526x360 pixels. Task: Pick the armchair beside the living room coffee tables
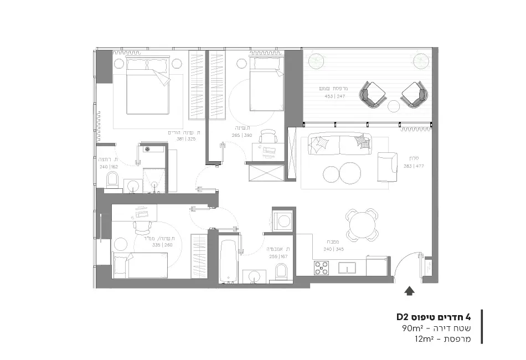point(386,167)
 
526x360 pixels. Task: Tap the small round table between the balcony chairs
point(394,106)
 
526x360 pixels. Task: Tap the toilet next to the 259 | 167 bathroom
point(281,271)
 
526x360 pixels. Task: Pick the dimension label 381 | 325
point(185,139)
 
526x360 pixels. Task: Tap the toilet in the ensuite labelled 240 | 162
point(112,179)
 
